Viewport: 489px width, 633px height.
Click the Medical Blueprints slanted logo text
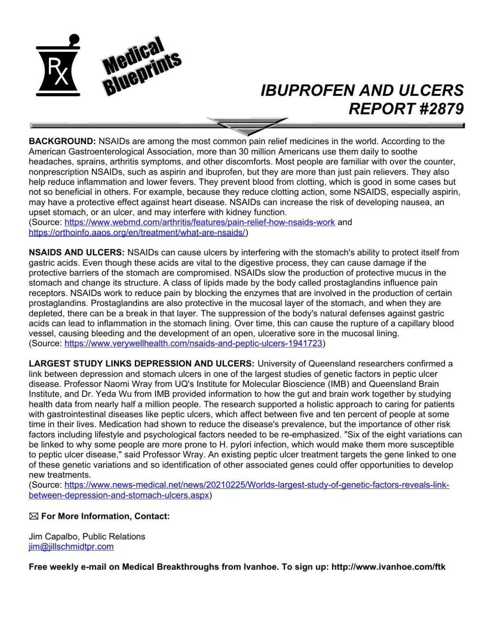coord(141,66)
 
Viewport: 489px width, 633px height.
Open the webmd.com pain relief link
coord(200,222)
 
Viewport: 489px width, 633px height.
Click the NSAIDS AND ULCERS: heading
coord(77,253)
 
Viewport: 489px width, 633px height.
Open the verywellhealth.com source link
coord(194,343)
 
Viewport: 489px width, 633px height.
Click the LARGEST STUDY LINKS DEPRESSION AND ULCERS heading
coord(141,363)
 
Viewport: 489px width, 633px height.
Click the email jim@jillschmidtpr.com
coord(71,547)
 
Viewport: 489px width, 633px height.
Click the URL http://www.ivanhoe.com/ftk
coord(388,567)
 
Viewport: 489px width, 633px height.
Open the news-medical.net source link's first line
coord(257,485)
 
